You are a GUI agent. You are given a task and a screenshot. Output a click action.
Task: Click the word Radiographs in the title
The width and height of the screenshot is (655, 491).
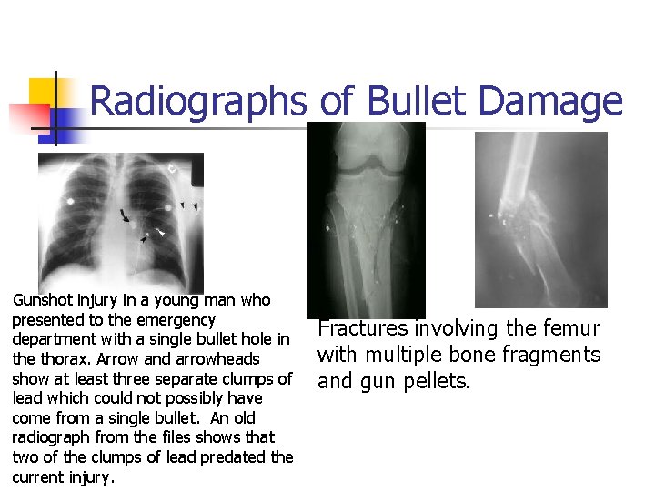click(x=199, y=102)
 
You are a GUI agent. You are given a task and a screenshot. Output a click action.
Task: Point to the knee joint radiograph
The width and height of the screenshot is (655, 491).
click(x=367, y=218)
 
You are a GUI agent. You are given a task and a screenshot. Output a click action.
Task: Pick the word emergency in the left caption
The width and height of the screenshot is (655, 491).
click(x=180, y=320)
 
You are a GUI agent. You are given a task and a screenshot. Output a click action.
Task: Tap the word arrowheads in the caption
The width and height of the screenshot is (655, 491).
click(x=217, y=359)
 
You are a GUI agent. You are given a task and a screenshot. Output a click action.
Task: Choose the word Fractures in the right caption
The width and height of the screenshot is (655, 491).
click(x=362, y=329)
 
